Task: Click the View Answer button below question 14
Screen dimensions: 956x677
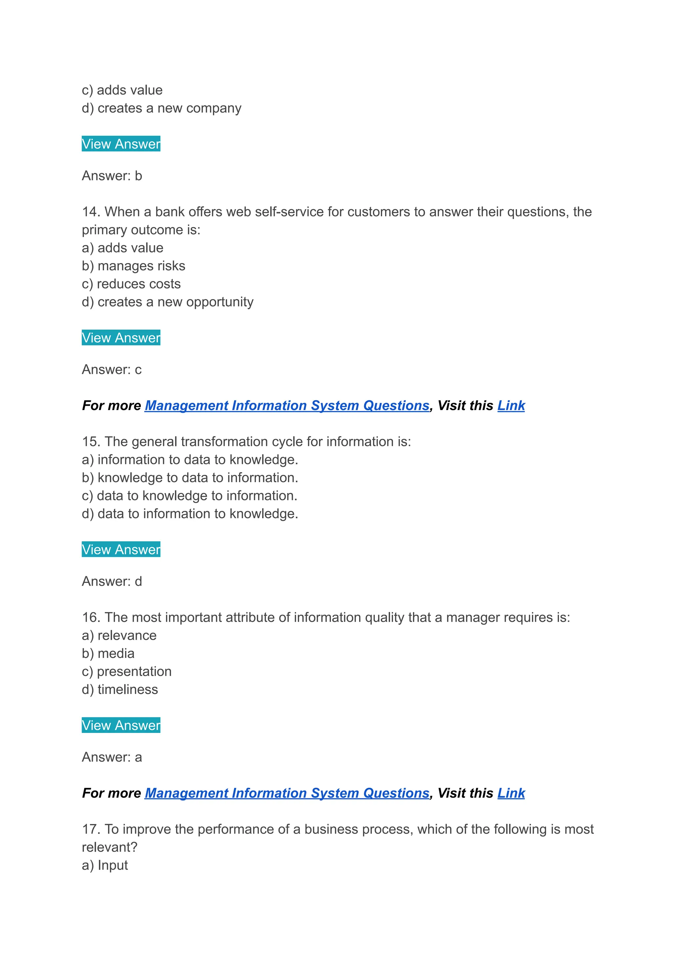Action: tap(121, 338)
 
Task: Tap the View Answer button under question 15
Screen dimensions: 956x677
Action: tap(121, 549)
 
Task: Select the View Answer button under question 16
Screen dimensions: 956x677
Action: tap(121, 725)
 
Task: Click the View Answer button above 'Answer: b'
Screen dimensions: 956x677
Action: tap(121, 144)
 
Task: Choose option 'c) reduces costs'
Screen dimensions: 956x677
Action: tap(131, 284)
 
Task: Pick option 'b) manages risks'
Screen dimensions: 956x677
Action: tap(134, 266)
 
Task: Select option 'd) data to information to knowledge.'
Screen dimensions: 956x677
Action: tap(190, 514)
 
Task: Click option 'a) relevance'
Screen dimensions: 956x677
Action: tap(119, 635)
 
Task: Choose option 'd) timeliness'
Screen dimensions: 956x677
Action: tap(120, 689)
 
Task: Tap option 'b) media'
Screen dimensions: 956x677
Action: tap(108, 653)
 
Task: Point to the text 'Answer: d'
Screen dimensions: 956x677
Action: tap(112, 581)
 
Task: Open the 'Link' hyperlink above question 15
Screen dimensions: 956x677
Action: tap(511, 405)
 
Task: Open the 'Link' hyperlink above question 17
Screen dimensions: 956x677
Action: tap(511, 793)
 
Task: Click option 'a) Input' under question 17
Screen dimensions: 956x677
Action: tap(105, 865)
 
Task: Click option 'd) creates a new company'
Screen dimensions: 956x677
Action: tap(162, 108)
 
